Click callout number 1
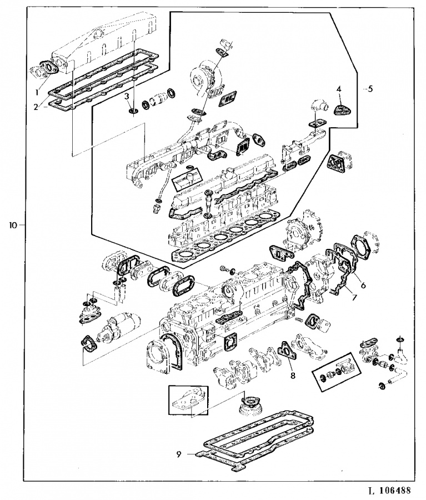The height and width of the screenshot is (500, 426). click(37, 93)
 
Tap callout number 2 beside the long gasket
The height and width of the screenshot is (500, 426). click(36, 107)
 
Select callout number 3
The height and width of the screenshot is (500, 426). click(127, 96)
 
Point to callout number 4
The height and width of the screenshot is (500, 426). click(339, 89)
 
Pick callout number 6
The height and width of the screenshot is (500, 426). click(363, 285)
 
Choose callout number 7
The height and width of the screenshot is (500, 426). click(354, 297)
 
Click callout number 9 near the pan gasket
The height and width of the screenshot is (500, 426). click(178, 454)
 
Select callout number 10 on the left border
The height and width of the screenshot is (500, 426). click(13, 225)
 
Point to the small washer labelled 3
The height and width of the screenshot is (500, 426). click(133, 111)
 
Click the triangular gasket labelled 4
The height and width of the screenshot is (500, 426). click(342, 111)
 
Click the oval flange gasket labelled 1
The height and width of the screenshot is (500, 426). click(49, 68)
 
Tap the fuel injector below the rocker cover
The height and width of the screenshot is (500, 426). click(209, 204)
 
